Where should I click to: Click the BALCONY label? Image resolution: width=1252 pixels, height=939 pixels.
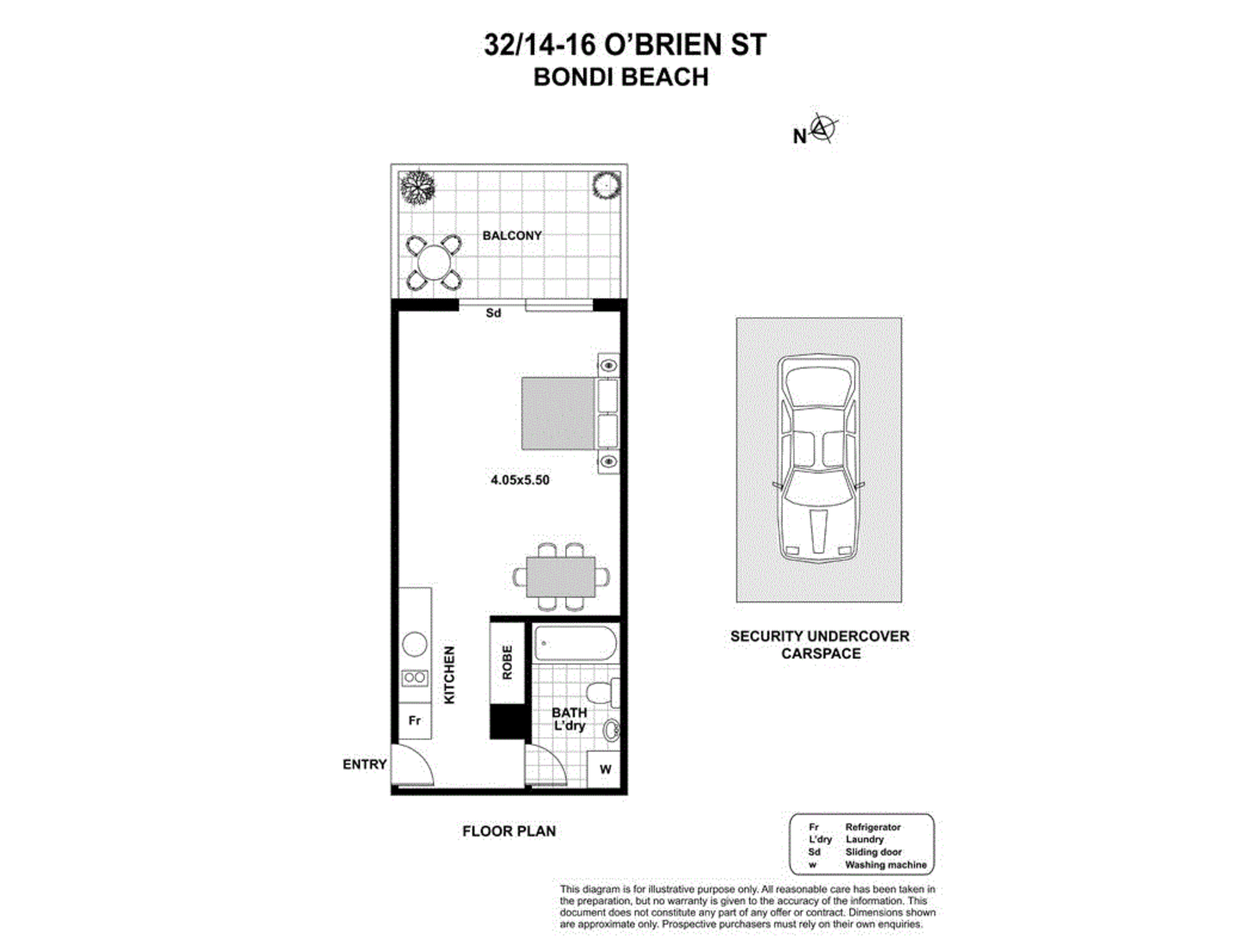511,236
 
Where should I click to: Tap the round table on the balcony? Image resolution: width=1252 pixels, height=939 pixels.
434,262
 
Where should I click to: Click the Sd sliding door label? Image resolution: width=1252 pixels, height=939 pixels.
493,313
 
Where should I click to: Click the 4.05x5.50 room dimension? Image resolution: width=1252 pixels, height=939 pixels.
520,480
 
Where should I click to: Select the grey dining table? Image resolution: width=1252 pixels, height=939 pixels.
560,577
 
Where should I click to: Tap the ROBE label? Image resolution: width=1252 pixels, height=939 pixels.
507,662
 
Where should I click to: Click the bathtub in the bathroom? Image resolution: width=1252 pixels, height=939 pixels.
575,643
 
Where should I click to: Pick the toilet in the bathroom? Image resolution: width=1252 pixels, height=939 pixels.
601,692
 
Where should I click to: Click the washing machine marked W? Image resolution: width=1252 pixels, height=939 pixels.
605,769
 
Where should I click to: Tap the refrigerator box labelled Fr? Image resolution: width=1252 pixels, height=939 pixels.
414,721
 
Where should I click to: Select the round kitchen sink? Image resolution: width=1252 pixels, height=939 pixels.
414,644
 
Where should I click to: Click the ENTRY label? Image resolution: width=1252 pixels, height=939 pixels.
364,764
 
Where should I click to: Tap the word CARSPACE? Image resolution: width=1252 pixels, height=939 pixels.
820,654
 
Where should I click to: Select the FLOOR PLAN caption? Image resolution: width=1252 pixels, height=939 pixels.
509,831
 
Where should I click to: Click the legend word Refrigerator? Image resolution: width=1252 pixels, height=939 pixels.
873,827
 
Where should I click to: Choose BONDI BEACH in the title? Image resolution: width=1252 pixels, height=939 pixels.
620,78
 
